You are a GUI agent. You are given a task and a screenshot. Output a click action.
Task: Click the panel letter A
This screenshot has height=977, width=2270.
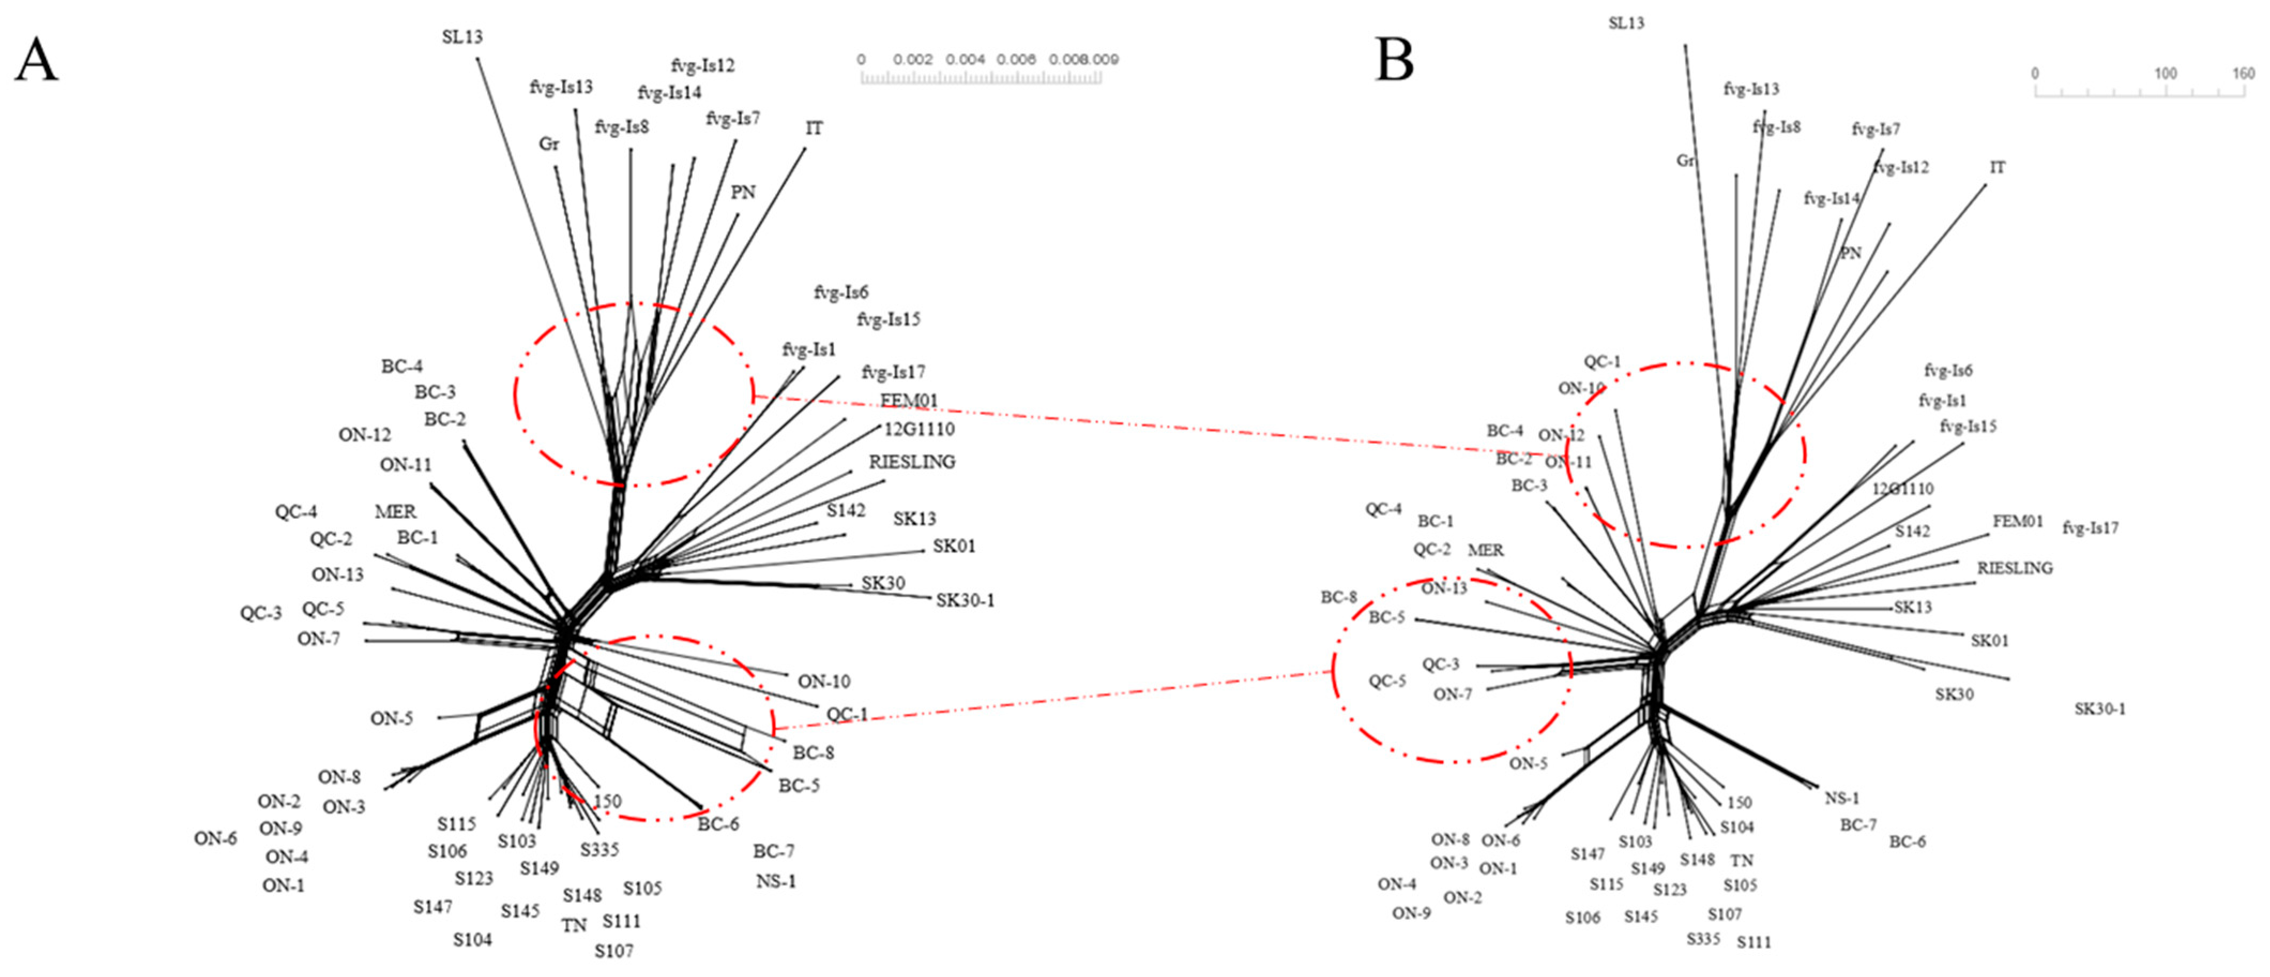[x=36, y=60]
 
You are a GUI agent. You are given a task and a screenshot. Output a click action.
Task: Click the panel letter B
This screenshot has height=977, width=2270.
[x=1394, y=60]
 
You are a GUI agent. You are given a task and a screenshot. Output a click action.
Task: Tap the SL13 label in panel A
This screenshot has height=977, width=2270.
[x=462, y=37]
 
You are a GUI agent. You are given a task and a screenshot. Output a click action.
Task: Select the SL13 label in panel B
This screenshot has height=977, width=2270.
[x=1626, y=24]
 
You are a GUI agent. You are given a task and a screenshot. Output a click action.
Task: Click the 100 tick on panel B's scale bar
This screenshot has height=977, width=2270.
[x=2165, y=74]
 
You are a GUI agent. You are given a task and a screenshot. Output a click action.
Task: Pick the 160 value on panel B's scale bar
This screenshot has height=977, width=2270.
[x=2243, y=74]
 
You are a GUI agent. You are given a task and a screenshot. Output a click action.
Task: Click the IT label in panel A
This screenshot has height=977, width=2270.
[x=814, y=128]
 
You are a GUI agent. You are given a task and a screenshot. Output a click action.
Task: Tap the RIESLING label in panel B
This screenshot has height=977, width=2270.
[x=2015, y=568]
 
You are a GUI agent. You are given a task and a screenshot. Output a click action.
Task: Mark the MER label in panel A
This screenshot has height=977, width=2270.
[x=395, y=512]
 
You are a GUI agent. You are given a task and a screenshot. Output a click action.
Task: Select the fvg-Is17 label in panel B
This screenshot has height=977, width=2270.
[x=2090, y=528]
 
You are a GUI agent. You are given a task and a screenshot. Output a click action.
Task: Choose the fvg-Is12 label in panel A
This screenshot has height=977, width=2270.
[x=702, y=65]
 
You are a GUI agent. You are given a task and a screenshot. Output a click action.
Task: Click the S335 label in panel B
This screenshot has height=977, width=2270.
[x=1703, y=939]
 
